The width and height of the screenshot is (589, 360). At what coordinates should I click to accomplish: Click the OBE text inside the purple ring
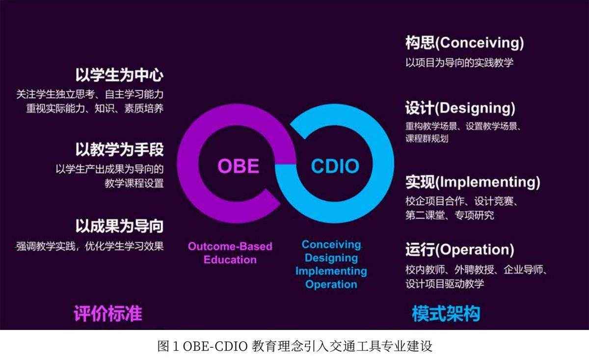238,166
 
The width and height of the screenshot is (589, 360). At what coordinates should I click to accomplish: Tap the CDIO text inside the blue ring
335,166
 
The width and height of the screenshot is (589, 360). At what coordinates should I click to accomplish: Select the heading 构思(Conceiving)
465,43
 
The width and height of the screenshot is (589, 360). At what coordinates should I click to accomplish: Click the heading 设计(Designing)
460,108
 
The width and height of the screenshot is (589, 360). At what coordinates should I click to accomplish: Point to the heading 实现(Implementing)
473,182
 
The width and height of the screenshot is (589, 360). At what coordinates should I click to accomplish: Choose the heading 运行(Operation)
459,249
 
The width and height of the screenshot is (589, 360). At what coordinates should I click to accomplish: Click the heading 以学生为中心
120,75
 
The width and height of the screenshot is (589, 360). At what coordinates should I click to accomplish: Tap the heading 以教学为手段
120,149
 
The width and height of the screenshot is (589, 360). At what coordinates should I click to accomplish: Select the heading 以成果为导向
120,226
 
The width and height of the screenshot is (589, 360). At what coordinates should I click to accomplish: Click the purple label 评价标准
108,313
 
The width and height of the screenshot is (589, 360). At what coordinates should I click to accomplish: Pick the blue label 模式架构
446,313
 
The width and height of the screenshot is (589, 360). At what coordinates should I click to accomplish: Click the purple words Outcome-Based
230,247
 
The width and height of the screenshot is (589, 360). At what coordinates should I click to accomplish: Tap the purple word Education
230,260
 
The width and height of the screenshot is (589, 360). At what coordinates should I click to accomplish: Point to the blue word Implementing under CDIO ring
331,271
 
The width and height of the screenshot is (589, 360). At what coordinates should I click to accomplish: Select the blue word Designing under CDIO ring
331,258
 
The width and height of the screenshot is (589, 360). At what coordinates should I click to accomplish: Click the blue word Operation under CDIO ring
331,284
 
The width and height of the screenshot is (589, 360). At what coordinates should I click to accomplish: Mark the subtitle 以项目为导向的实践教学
459,63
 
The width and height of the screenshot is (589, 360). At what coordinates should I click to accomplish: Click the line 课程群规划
427,138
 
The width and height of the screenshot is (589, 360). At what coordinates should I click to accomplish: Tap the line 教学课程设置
134,183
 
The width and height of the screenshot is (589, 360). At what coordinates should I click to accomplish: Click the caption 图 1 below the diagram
168,346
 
